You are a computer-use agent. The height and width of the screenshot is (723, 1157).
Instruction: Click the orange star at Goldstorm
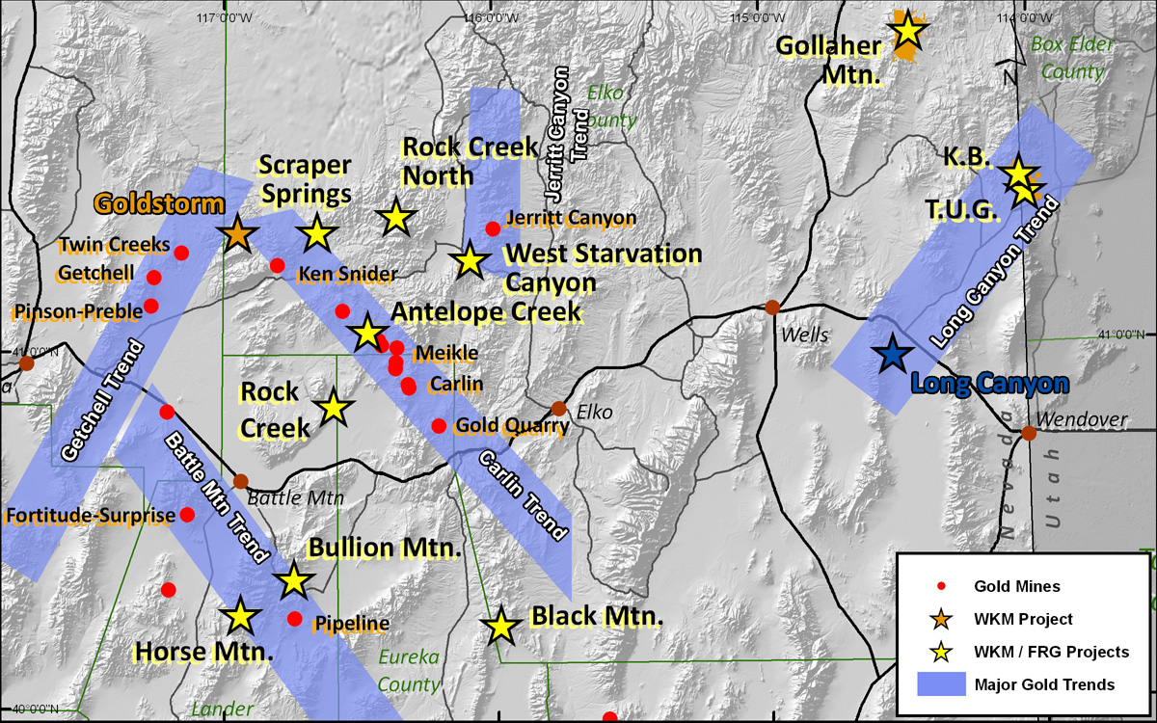coord(237,232)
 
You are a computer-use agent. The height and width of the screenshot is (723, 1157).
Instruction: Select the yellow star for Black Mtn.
coord(500,627)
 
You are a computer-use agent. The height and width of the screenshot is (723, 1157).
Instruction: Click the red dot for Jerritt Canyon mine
coord(493,228)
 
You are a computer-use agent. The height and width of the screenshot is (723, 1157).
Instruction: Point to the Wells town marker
coord(772,308)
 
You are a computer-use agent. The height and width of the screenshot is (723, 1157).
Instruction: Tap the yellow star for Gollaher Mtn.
coord(908,31)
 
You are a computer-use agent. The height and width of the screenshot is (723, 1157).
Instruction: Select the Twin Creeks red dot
coord(181,254)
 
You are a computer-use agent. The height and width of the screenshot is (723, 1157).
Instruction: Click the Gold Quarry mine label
coord(510,425)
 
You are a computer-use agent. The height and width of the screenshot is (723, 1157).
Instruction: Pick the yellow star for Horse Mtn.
coord(240,616)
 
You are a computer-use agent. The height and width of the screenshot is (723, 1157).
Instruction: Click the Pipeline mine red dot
coord(295,619)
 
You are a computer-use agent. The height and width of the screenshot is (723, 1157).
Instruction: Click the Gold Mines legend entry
coord(1016,586)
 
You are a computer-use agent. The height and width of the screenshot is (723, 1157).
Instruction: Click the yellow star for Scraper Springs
coord(317,232)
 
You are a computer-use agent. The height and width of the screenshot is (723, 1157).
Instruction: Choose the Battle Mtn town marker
coord(240,481)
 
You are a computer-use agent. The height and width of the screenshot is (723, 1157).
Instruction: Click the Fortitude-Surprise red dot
coord(188,514)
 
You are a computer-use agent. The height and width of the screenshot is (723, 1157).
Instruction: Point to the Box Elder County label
coord(1071,58)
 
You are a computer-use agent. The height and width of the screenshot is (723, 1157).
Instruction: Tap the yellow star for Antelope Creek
coord(366,334)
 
